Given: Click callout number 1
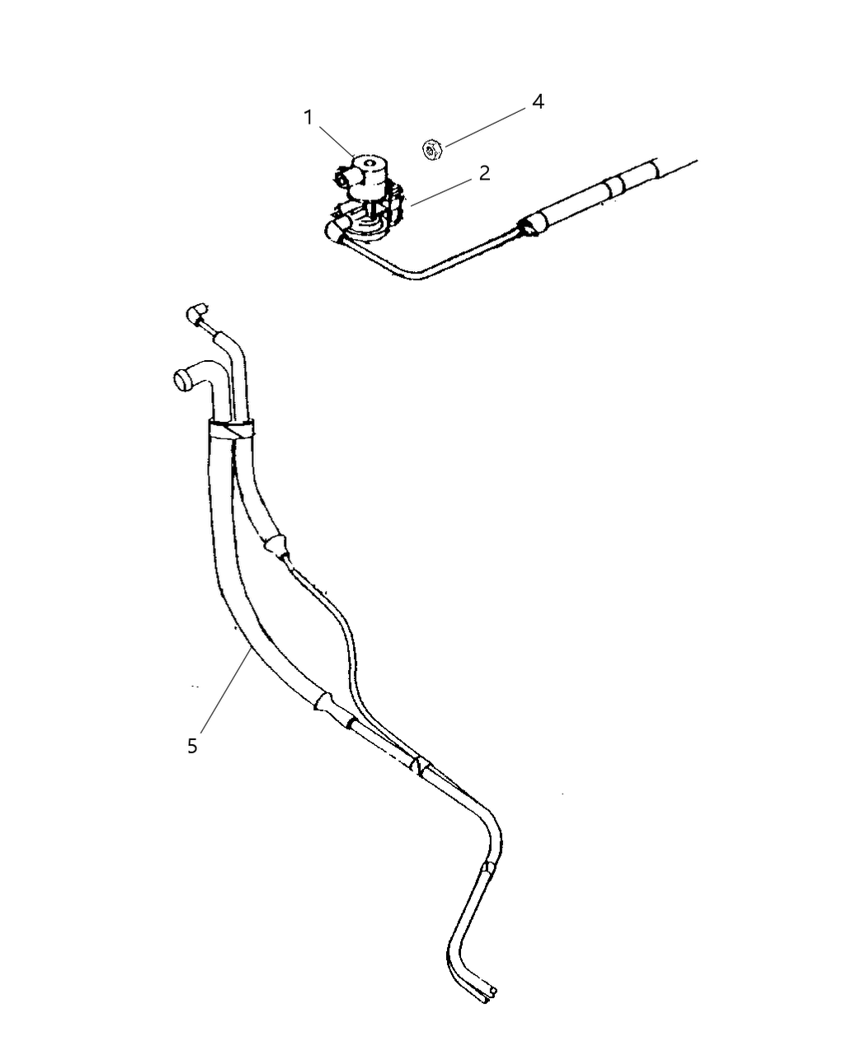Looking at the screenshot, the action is coord(308,118).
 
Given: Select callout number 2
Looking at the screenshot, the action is coord(484,173).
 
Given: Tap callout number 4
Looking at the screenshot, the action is coord(538,101).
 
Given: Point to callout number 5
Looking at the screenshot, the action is coord(192,746).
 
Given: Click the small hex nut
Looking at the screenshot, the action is coord(431,149).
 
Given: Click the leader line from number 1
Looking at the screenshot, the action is coord(337,141).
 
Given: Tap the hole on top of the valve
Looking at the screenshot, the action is coord(371,162).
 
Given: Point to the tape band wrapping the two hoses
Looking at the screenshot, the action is coord(232,429).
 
